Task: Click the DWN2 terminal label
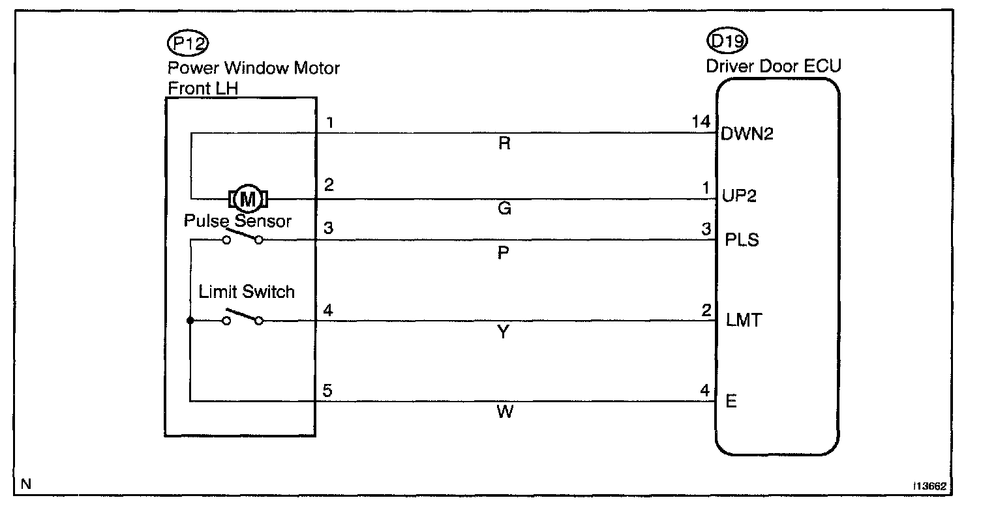(748, 134)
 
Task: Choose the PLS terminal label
(742, 240)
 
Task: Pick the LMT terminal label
(744, 321)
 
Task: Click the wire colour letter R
(504, 144)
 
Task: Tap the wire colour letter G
(504, 209)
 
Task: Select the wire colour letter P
(503, 253)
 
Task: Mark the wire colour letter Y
(504, 333)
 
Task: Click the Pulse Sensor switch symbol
(243, 239)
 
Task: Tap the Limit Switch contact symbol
(243, 319)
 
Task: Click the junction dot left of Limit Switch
(190, 321)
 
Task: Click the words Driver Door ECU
(773, 66)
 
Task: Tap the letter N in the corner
(25, 484)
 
